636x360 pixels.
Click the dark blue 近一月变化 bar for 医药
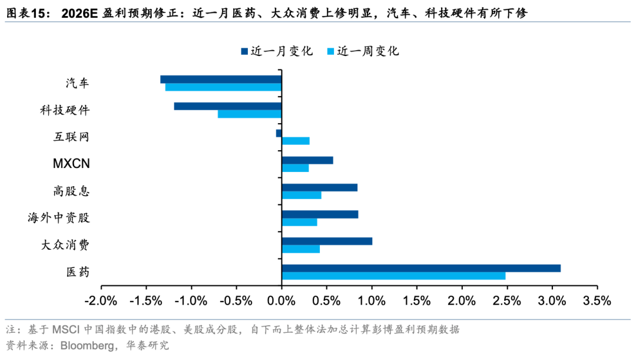(421, 268)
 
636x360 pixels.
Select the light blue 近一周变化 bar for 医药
(393, 276)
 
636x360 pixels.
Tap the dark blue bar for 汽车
(221, 79)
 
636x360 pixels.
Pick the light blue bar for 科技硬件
(250, 114)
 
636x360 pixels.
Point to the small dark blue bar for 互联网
(279, 133)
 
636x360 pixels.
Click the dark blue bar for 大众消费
(327, 241)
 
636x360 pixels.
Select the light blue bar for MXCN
(295, 168)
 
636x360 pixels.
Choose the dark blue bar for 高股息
(320, 187)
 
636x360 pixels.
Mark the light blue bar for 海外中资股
(299, 222)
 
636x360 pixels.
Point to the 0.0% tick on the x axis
(281, 300)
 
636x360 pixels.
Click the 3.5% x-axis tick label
(597, 300)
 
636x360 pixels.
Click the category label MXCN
(71, 164)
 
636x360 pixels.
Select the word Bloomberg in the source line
(85, 345)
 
